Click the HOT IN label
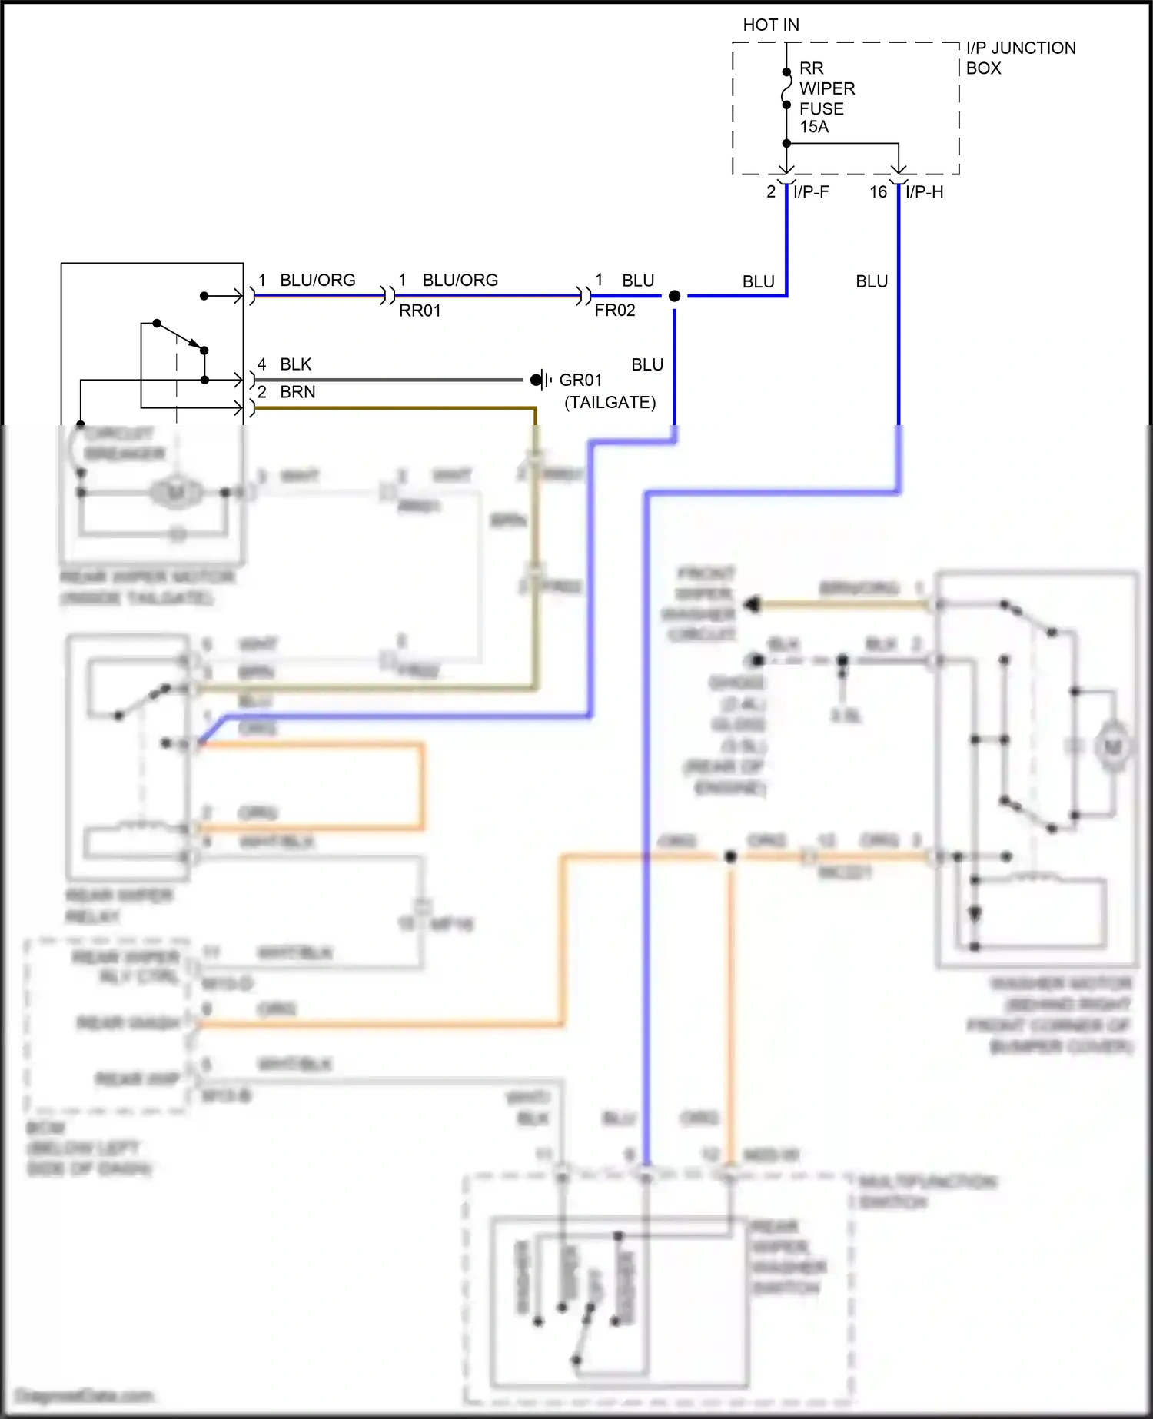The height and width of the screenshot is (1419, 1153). [x=770, y=25]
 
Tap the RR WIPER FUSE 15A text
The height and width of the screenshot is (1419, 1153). [x=826, y=98]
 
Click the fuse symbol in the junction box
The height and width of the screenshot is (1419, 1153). [x=786, y=88]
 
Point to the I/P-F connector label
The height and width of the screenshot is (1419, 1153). [x=811, y=192]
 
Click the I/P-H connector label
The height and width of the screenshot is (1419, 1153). [x=924, y=192]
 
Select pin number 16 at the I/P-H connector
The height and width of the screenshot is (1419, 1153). [x=878, y=192]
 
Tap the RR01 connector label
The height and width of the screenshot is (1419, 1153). [x=420, y=311]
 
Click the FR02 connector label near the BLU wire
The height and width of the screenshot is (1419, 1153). [x=615, y=311]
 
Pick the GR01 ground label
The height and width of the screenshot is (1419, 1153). [x=580, y=380]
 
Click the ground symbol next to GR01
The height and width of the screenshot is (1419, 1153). [x=541, y=380]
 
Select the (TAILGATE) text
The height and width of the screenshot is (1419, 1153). [x=610, y=402]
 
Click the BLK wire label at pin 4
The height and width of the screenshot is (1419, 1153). [x=296, y=364]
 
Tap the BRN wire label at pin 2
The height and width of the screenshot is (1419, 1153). [x=297, y=392]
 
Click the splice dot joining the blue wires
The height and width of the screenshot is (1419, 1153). [x=674, y=296]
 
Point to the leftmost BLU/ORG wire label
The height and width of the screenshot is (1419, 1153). [x=317, y=280]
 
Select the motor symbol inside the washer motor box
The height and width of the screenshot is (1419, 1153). [x=1113, y=746]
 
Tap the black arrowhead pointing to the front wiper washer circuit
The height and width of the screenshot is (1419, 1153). [x=752, y=605]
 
